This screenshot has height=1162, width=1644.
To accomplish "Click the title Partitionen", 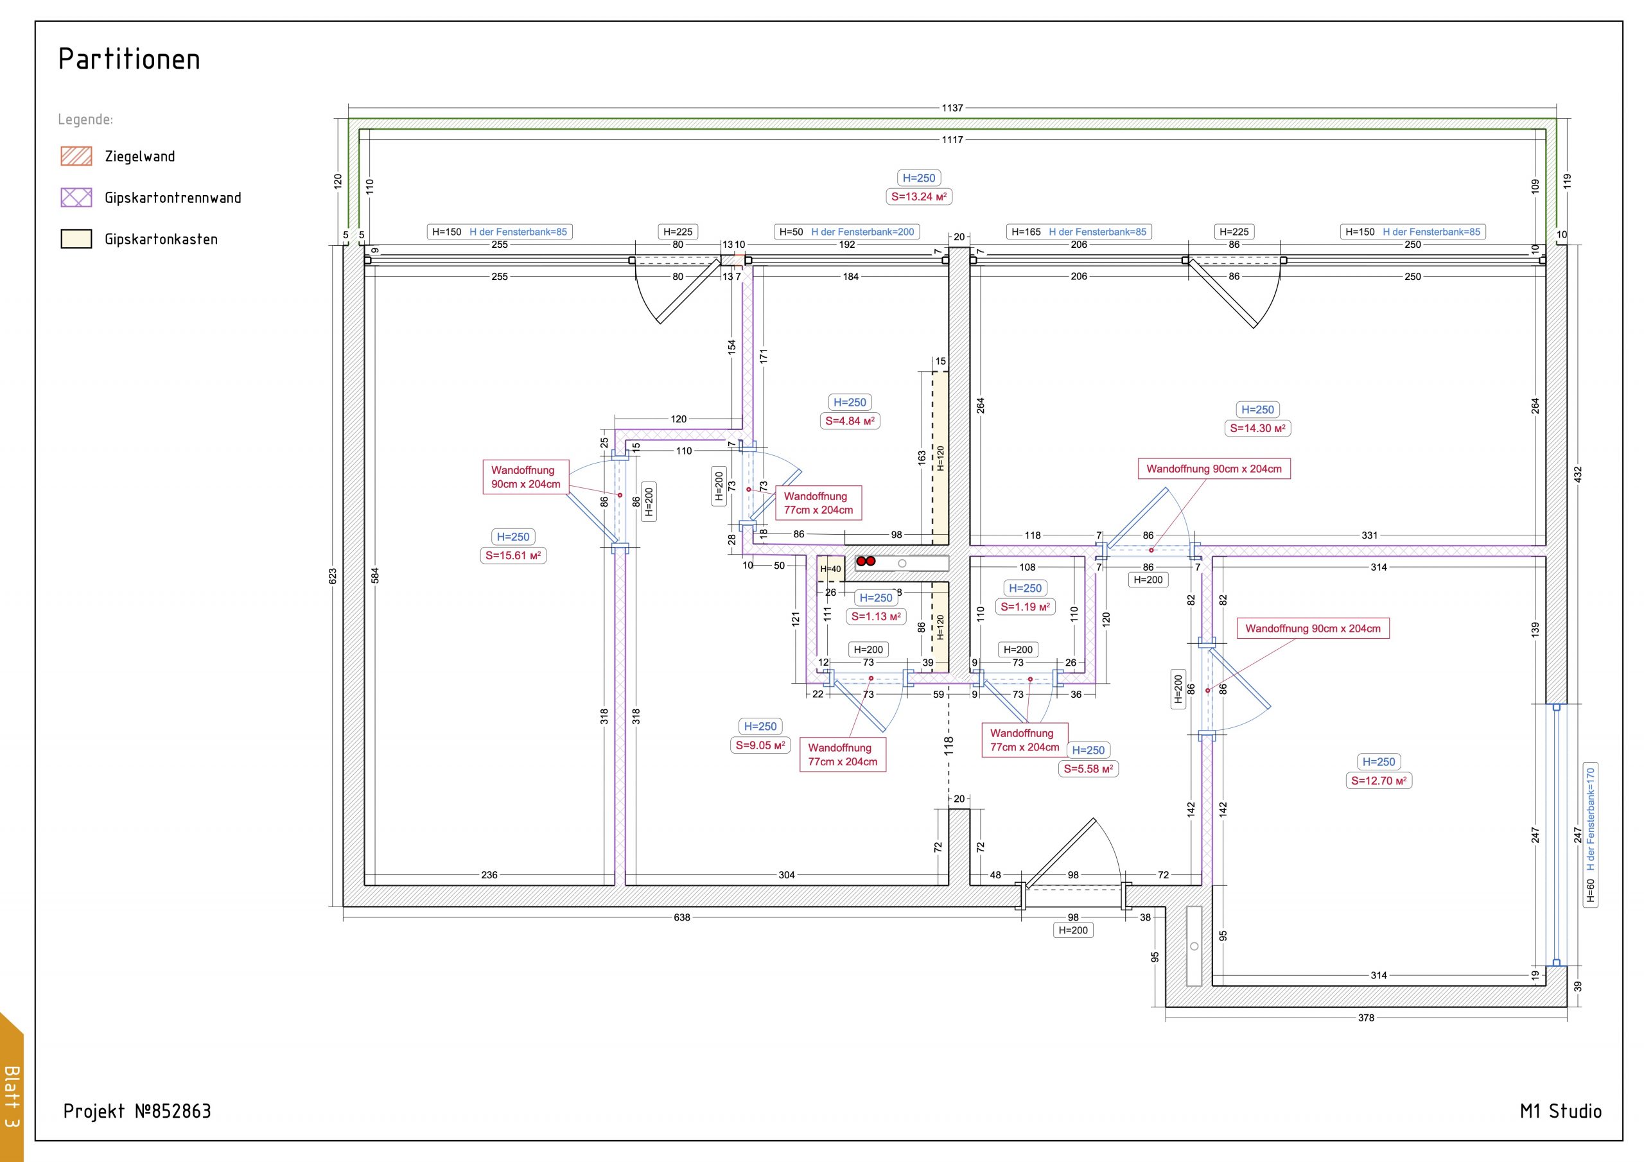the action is click(129, 58).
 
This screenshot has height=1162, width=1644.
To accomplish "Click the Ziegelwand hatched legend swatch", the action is click(76, 156).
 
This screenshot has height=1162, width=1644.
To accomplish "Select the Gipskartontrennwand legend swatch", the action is click(76, 198).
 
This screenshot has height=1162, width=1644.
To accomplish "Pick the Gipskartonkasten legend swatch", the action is click(76, 239).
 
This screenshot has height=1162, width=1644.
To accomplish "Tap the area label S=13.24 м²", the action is click(919, 197).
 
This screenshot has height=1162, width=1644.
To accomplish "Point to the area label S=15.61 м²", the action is click(513, 555).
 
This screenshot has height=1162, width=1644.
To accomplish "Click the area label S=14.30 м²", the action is click(1258, 428).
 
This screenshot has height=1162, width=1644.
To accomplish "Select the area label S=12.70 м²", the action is click(1379, 781).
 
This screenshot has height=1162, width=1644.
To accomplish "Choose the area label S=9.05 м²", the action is click(760, 745).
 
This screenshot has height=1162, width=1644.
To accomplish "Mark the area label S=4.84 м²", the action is click(850, 421).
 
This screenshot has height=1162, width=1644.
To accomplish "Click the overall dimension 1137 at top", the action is click(952, 108).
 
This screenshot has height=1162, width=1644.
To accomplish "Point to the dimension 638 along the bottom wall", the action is click(681, 917).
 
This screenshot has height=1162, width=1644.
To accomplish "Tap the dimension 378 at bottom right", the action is click(1366, 1018).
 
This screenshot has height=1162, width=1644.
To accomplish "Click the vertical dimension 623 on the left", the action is click(332, 577).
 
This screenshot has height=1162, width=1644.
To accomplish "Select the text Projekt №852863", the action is click(137, 1111).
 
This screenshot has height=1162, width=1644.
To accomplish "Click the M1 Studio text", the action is click(1561, 1111).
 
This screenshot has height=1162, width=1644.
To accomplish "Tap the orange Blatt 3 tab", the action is click(12, 1088).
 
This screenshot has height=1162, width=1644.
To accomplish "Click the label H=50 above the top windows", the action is click(791, 232).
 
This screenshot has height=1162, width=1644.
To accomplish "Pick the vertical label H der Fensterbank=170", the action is click(1590, 819).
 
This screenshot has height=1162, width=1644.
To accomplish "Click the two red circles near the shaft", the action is click(866, 561).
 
